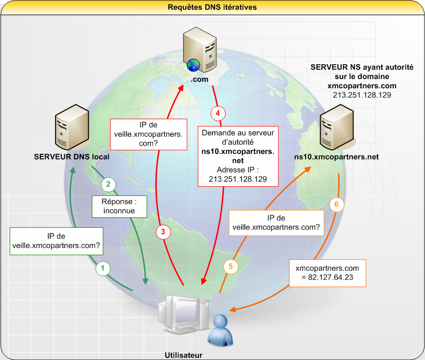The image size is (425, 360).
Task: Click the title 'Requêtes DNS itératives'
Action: coord(212,7)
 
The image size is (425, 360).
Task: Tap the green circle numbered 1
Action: coord(103,268)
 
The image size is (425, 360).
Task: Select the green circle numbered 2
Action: coord(108,184)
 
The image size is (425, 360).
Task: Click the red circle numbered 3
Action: coord(163,232)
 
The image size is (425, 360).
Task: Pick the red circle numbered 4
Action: coord(218,113)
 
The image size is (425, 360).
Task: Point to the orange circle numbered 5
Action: coord(231,266)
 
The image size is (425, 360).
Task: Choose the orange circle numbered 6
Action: coord(337,205)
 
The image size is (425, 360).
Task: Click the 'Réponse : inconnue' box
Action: coord(120,207)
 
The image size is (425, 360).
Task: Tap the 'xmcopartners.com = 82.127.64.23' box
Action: coord(327,273)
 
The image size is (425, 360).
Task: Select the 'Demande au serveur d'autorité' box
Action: coord(238,156)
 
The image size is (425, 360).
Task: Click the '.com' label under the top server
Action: coord(199,79)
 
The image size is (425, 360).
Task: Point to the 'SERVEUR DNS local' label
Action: coord(71,157)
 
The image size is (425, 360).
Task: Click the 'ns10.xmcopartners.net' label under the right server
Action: coord(336,157)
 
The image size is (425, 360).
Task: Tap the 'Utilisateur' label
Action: coord(184,355)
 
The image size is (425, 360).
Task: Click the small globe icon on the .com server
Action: coord(193,65)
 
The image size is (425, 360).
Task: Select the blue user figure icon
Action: coord(220,330)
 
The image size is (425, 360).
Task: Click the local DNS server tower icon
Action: coord(72,127)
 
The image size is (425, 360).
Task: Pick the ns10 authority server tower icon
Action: coord(337,127)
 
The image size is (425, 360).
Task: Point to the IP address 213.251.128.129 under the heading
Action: coord(362,95)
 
